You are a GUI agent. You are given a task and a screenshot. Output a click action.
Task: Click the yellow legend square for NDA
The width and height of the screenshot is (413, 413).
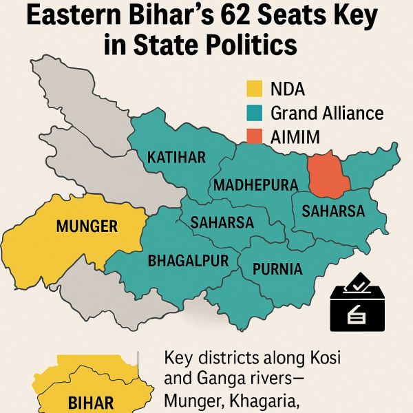[x=255, y=89]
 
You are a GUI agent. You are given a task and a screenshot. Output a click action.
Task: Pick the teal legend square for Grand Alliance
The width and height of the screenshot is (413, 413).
[x=255, y=113]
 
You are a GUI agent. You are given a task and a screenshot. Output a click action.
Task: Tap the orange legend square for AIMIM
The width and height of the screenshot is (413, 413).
[x=255, y=136]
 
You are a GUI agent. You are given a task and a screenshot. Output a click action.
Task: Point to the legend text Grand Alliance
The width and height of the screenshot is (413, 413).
[x=327, y=113]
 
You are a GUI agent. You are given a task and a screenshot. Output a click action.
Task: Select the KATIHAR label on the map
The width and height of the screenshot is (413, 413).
[x=176, y=158]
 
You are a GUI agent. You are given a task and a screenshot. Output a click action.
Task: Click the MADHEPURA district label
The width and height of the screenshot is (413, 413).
[x=255, y=185]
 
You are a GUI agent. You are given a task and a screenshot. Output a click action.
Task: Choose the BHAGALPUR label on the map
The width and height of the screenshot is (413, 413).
[x=182, y=262]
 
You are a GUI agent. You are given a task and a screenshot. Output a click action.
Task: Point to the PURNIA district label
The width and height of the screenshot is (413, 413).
[x=277, y=268]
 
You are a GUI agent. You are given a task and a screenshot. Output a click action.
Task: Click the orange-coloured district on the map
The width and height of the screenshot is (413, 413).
[x=328, y=175]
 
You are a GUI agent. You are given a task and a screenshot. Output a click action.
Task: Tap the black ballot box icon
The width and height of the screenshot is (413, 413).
[x=358, y=307]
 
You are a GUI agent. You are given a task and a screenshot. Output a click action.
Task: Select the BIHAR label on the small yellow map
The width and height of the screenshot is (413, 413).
[x=91, y=403]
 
